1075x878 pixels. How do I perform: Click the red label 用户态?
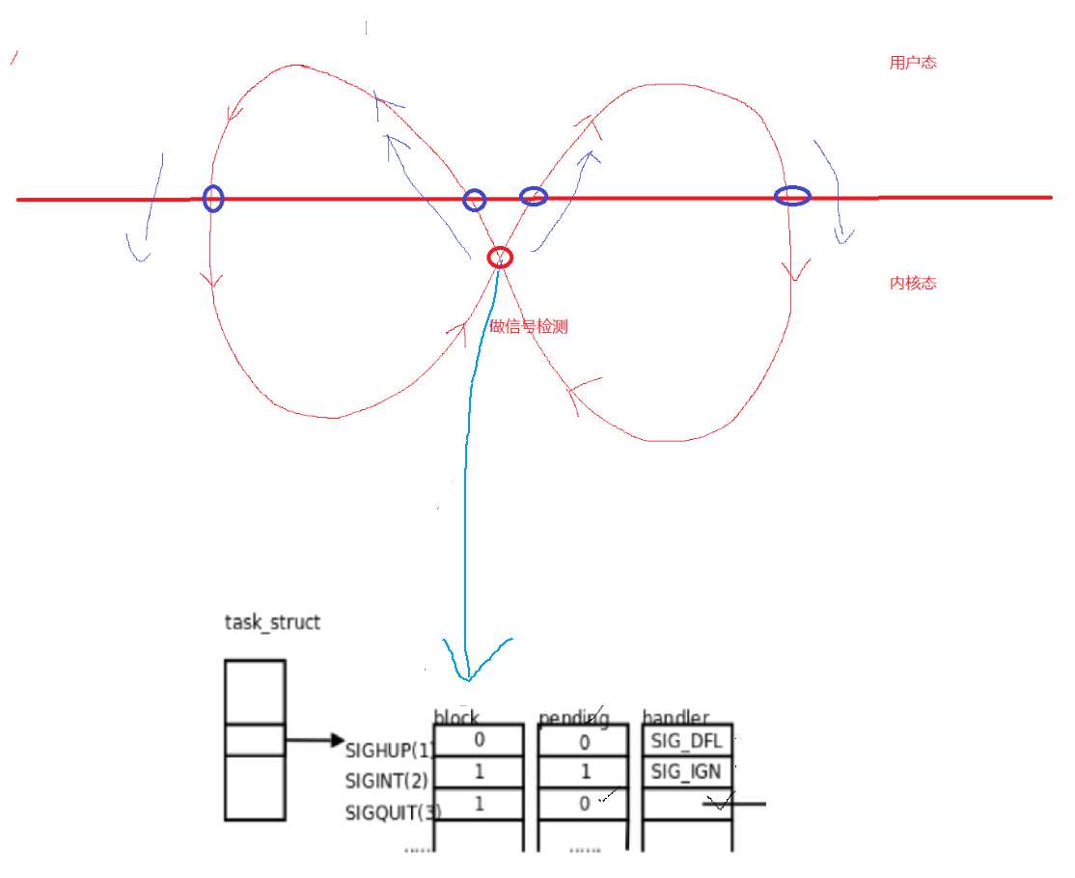point(912,64)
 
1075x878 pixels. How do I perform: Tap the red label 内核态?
point(912,284)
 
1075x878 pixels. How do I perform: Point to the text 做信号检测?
point(529,327)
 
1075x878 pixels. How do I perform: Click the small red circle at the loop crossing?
point(500,258)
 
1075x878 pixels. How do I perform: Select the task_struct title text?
point(272,622)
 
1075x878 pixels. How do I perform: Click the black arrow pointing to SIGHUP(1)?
point(315,741)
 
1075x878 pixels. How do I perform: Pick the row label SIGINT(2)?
point(386,780)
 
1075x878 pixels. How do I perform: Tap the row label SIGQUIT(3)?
point(392,812)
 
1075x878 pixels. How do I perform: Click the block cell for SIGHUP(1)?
point(479,740)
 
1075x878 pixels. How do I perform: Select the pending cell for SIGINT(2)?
point(583,773)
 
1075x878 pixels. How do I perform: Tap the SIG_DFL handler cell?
point(687,740)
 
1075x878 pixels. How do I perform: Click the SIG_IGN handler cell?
point(687,773)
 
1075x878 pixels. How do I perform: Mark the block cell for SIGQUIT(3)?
point(479,805)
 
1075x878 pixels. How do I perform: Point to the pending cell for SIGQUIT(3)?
point(583,805)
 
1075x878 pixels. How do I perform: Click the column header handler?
point(675,717)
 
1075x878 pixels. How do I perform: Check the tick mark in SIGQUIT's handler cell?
point(719,802)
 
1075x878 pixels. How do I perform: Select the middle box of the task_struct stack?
point(255,740)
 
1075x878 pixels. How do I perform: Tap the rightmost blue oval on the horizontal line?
point(792,196)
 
